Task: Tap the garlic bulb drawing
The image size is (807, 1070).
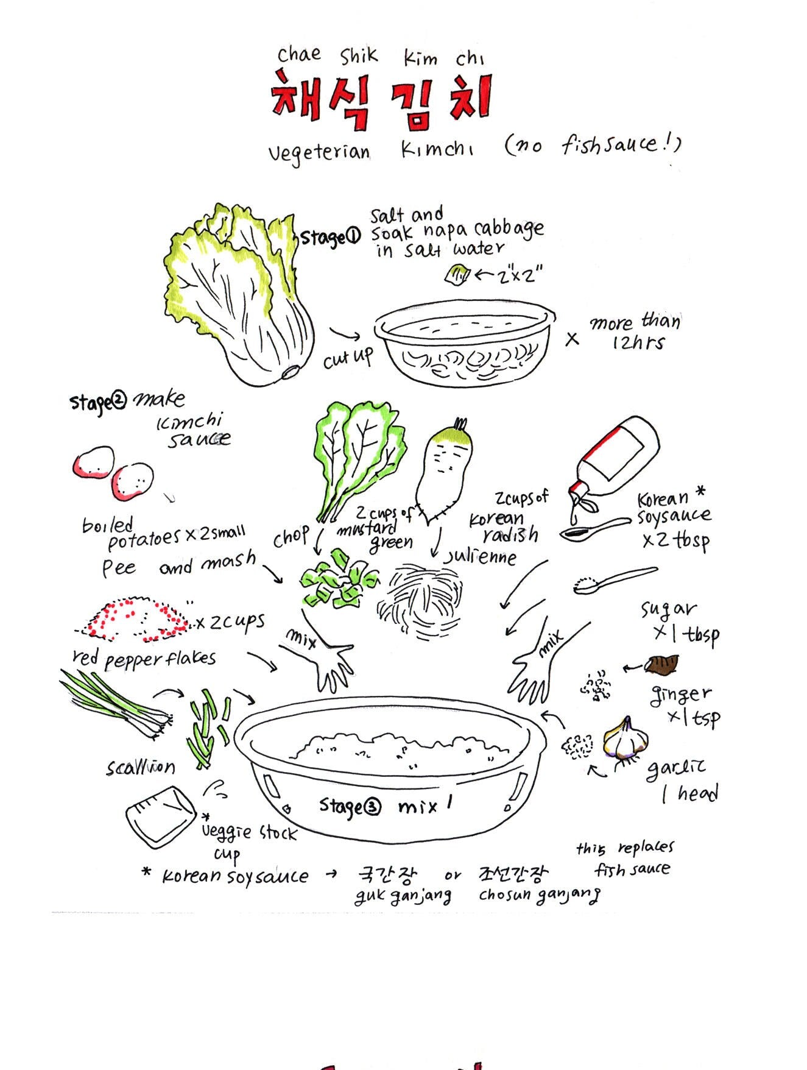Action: (626, 738)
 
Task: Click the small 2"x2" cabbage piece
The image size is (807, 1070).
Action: (457, 275)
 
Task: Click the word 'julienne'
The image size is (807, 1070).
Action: (481, 556)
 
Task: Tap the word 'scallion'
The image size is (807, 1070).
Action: (140, 767)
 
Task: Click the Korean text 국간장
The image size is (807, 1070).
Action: (387, 875)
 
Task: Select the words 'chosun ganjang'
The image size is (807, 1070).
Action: (539, 895)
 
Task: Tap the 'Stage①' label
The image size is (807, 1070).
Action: (331, 236)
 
